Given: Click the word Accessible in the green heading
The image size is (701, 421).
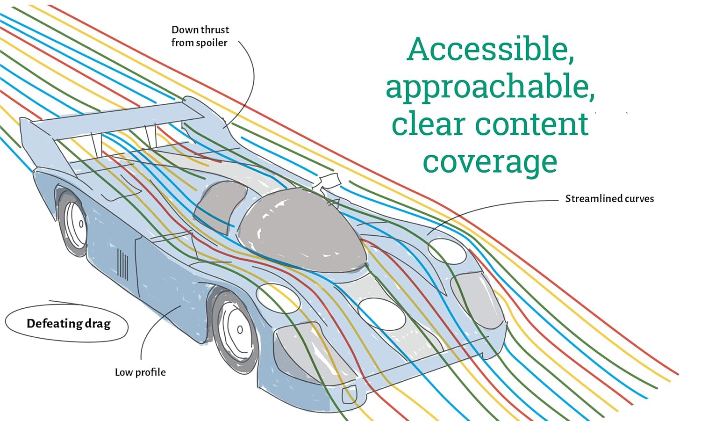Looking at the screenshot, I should [490, 49].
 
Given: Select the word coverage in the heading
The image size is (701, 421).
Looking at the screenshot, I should [490, 162].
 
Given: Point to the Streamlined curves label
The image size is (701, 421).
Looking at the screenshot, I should [609, 199].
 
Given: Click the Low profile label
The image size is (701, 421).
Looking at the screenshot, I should [140, 372].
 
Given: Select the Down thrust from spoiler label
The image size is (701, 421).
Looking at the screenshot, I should [200, 36].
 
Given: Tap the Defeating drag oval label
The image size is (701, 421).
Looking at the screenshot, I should [68, 323].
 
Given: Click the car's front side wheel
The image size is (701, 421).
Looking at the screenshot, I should [236, 330].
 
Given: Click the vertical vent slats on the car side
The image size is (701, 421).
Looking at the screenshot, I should [122, 265].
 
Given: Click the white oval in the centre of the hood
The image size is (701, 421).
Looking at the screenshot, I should [382, 314].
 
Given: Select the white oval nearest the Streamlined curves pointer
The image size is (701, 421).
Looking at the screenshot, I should [447, 251].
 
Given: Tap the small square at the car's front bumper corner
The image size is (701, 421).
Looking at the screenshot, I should [350, 396].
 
